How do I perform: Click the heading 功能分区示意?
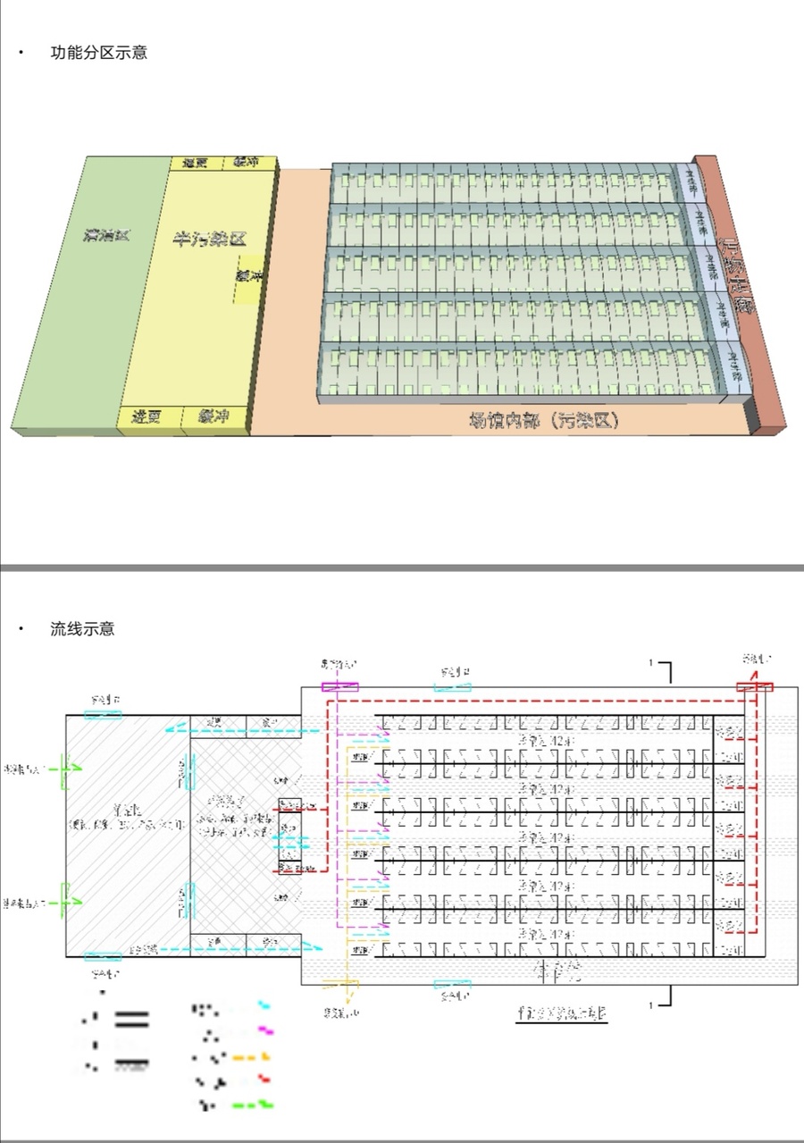tap(98, 53)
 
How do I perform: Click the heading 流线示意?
tap(82, 629)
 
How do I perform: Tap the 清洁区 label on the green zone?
tap(106, 236)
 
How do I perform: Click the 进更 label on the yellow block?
tap(146, 416)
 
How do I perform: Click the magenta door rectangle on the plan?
tap(339, 687)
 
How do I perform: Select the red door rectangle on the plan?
tap(754, 686)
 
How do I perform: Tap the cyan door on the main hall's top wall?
tap(452, 686)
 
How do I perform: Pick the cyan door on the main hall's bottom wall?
tap(452, 984)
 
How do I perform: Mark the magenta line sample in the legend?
tap(265, 1030)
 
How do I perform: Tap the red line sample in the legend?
tap(264, 1079)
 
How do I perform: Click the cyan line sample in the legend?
tap(264, 1006)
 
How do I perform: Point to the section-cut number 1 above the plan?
tap(652, 663)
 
